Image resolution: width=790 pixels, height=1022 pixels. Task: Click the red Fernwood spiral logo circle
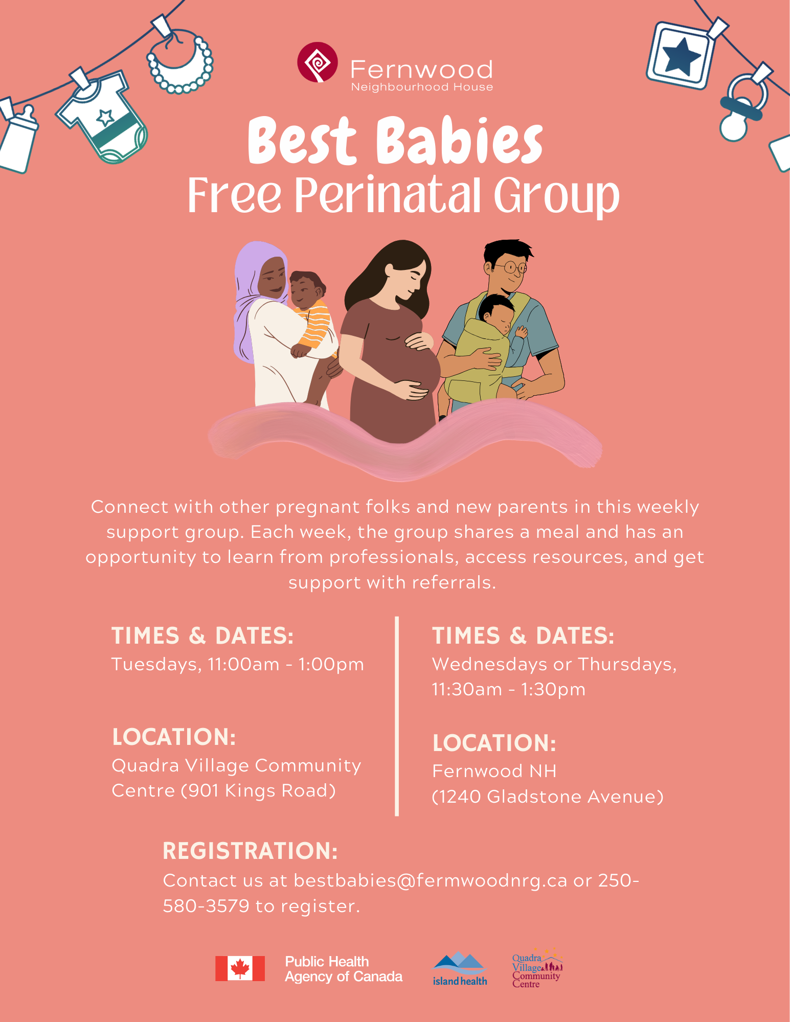pos(318,62)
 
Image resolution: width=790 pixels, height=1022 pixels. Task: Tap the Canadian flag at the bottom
pos(240,968)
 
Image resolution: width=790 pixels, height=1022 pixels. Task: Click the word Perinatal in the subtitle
pos(388,196)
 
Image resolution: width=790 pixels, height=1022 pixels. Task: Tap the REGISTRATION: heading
pos(250,851)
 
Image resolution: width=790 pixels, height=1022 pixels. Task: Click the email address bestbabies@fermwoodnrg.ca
pos(431,880)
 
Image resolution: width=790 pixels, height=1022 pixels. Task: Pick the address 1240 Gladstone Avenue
pos(547,797)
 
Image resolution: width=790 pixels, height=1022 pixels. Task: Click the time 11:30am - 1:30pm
pos(508,690)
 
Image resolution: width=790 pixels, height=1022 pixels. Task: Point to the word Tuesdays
pos(156,664)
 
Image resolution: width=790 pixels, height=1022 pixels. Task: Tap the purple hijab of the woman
pos(251,286)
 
